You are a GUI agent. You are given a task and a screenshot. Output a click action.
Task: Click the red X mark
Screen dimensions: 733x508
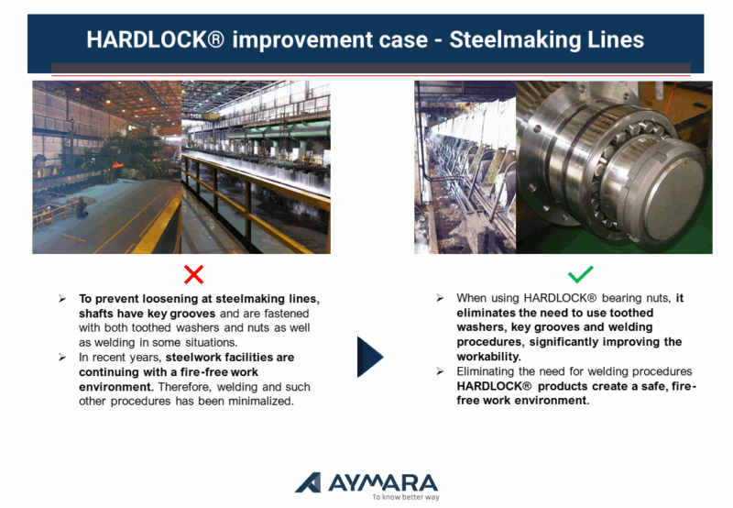tap(193, 274)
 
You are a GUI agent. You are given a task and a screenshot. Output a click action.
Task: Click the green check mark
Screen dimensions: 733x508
tap(580, 274)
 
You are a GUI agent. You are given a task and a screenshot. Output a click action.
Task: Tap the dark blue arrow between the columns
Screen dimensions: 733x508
tap(370, 357)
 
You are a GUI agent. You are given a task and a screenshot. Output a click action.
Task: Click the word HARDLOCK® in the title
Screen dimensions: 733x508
tap(155, 39)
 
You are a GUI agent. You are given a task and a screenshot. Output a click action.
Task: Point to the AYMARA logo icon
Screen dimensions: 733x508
tap(309, 482)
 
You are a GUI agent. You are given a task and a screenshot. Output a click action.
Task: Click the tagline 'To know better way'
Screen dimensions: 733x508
tap(406, 497)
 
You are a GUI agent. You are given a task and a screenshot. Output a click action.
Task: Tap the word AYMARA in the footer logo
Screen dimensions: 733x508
tap(383, 482)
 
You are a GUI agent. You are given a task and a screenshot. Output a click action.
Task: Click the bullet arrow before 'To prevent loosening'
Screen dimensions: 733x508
tap(62, 299)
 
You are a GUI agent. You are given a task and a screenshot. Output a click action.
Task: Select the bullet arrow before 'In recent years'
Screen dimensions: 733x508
tap(62, 358)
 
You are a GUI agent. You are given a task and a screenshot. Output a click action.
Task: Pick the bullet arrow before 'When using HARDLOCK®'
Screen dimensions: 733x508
tap(440, 298)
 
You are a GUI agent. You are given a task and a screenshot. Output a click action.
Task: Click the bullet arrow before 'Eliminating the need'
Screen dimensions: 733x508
tap(440, 371)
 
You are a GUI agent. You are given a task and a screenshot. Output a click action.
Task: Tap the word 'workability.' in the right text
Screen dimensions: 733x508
tap(488, 357)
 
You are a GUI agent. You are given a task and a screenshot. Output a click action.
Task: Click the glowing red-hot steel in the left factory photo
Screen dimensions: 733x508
tap(117, 165)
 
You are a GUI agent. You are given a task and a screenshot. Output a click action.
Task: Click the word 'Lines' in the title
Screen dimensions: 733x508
tap(616, 39)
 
